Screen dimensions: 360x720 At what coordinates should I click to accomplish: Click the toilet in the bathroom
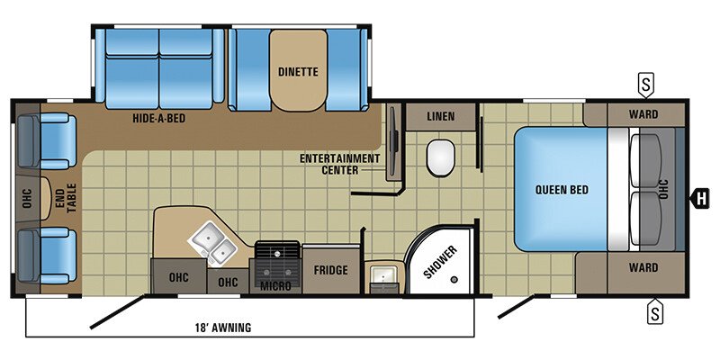click(x=441, y=157)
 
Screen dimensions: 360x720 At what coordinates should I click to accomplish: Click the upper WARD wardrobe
click(x=643, y=114)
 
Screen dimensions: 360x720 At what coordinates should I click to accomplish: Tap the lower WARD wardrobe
click(x=643, y=267)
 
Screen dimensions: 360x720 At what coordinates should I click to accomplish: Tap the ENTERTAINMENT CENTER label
click(x=340, y=164)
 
